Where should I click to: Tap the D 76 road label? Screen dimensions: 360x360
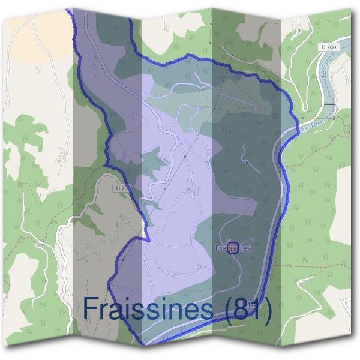click(121, 188)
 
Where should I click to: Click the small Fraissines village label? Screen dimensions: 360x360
click(232, 247)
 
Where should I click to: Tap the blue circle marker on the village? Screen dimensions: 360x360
click(234, 247)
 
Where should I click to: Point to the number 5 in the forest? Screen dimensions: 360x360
click(247, 162)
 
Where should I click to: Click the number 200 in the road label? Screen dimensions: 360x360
click(333, 46)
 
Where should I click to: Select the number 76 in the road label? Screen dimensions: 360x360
click(124, 188)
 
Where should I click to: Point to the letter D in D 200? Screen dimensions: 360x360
click(324, 46)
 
